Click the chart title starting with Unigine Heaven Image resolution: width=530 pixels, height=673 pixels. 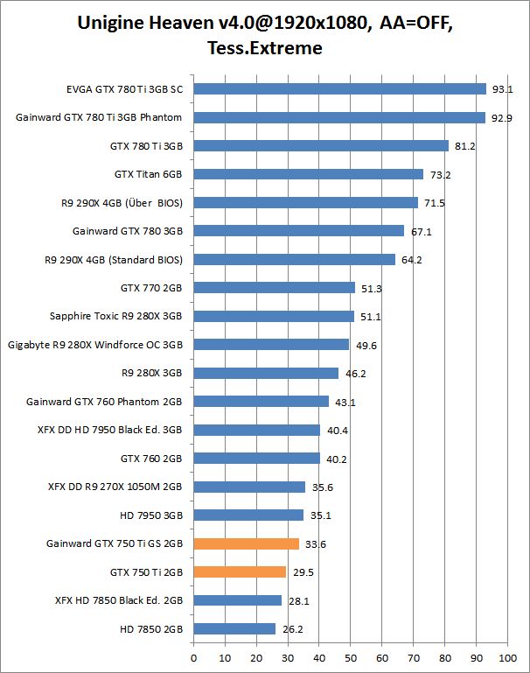pyautogui.click(x=265, y=35)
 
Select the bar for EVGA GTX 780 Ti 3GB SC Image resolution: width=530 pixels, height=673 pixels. pyautogui.click(x=339, y=88)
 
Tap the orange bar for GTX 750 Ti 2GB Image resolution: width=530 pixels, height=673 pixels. pyautogui.click(x=240, y=571)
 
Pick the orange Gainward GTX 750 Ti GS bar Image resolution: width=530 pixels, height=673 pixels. pyautogui.click(x=246, y=543)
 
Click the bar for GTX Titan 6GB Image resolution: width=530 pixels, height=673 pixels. pyautogui.click(x=308, y=174)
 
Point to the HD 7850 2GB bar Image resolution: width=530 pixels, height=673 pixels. pyautogui.click(x=234, y=628)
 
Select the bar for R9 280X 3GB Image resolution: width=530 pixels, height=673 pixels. pyautogui.click(x=266, y=373)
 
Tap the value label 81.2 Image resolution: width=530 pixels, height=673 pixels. pyautogui.click(x=465, y=146)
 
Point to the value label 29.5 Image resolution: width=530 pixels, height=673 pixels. pyautogui.click(x=303, y=572)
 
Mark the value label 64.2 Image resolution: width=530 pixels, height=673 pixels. pyautogui.click(x=412, y=260)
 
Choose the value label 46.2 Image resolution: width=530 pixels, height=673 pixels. pyautogui.click(x=355, y=374)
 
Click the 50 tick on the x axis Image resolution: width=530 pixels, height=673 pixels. pyautogui.click(x=351, y=655)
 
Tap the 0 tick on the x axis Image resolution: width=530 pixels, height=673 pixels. pyautogui.click(x=193, y=655)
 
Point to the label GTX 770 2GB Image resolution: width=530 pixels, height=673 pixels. pyautogui.click(x=151, y=287)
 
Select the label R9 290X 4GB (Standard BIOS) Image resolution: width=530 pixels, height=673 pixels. pyautogui.click(x=113, y=259)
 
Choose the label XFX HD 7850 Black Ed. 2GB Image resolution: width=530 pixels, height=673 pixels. pyautogui.click(x=118, y=600)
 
